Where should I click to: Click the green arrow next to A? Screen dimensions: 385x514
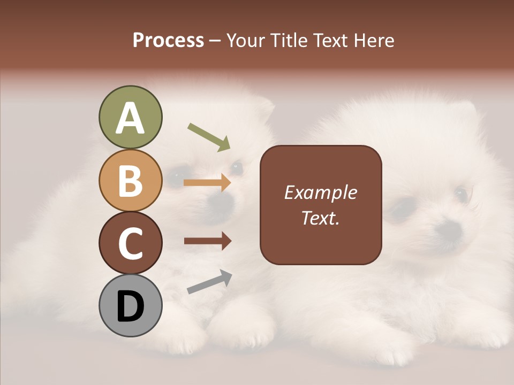(x=209, y=137)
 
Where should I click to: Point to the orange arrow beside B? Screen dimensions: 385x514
(x=207, y=183)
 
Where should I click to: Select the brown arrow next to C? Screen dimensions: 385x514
(x=208, y=241)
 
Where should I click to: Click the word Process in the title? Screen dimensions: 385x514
(x=168, y=40)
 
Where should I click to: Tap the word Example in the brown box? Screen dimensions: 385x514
(x=321, y=192)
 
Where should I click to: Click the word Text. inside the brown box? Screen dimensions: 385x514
(x=321, y=218)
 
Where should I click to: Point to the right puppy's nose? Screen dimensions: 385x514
(x=449, y=229)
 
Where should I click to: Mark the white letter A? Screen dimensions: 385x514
(x=130, y=118)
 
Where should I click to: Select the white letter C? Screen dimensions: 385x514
(x=130, y=243)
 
